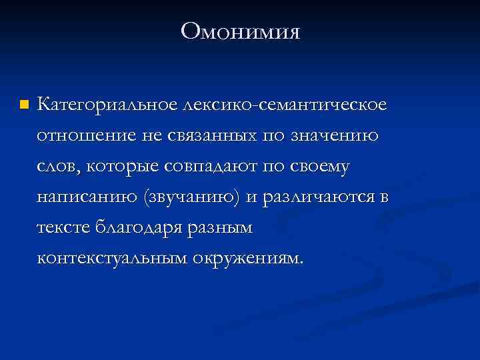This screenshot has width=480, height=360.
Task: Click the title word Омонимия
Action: click(x=240, y=31)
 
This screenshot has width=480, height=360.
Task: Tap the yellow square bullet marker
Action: click(x=24, y=105)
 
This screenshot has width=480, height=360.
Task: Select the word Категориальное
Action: click(x=107, y=105)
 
